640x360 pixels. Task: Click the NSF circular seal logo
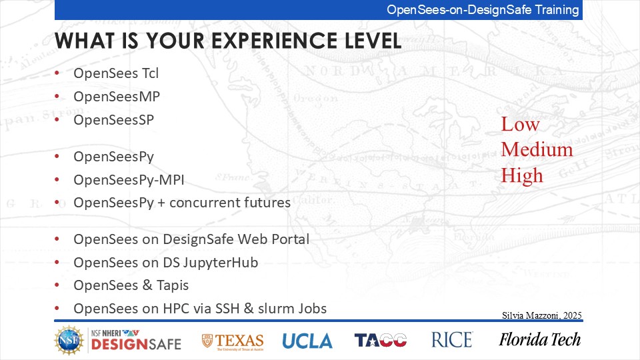69,340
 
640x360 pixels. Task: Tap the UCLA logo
307,341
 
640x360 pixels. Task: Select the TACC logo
381,340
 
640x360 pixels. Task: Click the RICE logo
452,339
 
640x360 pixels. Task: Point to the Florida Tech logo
539,339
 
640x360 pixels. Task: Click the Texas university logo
233,341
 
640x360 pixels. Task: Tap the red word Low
521,124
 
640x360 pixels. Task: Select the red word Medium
537,149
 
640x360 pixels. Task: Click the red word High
522,175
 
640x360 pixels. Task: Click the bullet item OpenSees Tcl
116,73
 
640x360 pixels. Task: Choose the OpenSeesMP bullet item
117,97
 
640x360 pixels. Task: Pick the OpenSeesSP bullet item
114,120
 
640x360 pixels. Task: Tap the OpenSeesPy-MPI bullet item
129,180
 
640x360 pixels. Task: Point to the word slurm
274,309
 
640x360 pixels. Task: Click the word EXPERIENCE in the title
274,41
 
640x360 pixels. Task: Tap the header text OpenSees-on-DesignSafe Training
483,10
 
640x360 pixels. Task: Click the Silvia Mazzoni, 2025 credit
542,315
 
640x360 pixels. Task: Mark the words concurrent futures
230,203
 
